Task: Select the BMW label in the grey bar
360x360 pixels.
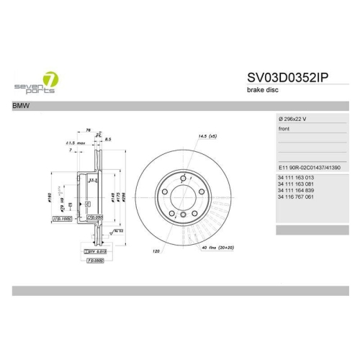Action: [22, 106]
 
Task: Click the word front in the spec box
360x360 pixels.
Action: [284, 129]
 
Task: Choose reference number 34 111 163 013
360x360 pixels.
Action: [297, 177]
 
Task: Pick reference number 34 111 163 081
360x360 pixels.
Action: [297, 184]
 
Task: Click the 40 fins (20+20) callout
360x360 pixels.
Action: [217, 248]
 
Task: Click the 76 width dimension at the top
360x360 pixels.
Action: [89, 130]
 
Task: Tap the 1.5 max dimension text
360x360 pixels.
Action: [75, 143]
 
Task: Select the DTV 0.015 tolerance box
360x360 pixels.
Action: [95, 250]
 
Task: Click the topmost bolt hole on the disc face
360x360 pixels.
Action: [183, 177]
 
